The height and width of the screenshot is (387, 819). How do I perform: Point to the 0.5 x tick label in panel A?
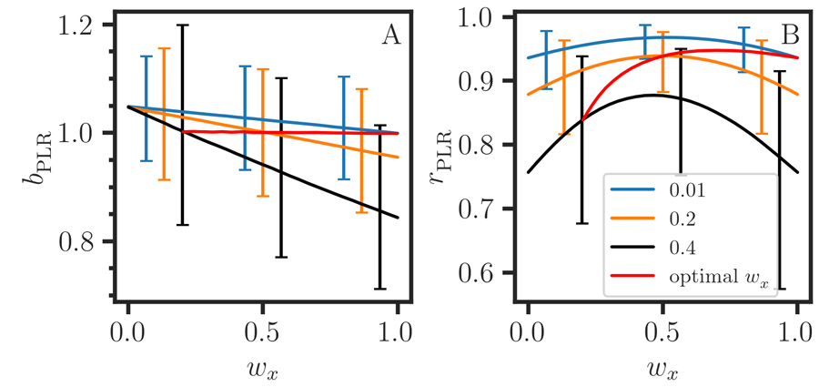pyautogui.click(x=262, y=329)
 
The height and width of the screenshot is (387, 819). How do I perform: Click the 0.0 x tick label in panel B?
pyautogui.click(x=527, y=329)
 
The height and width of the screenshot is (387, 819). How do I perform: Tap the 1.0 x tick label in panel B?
pyautogui.click(x=797, y=329)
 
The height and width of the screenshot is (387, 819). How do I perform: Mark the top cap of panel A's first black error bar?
pyautogui.click(x=183, y=25)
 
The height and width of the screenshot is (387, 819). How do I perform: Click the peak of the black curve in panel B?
pyautogui.click(x=652, y=95)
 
